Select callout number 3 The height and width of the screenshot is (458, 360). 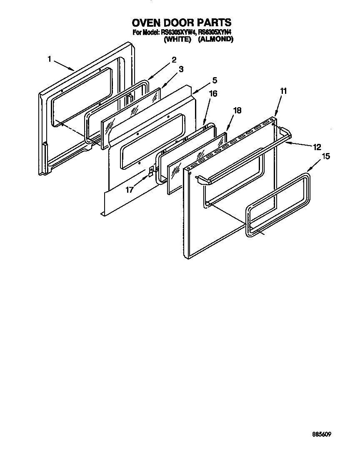(181, 70)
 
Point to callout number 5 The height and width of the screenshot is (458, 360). (214, 80)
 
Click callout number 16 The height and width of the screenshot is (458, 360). (212, 94)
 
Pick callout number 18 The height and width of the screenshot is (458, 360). (237, 110)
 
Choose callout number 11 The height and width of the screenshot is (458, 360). (283, 91)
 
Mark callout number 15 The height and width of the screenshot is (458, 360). (325, 156)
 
